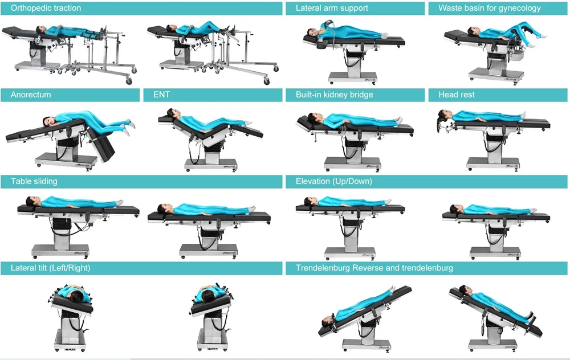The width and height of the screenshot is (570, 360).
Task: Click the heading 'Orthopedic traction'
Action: [x=46, y=8]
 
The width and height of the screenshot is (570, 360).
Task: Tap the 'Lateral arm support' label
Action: [x=332, y=8]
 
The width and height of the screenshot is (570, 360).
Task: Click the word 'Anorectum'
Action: [x=31, y=95]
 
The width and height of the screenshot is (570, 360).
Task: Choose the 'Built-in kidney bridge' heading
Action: [x=334, y=95]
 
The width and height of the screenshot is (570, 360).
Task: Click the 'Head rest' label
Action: [x=457, y=95]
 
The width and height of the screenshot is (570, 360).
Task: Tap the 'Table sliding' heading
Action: [x=34, y=181]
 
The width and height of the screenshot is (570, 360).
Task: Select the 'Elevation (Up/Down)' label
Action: [x=333, y=181]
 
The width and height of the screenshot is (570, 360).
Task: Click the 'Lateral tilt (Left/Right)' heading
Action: [x=50, y=267]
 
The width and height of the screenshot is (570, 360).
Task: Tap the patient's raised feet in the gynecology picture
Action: [x=542, y=35]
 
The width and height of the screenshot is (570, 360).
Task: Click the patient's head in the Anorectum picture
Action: [x=48, y=121]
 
